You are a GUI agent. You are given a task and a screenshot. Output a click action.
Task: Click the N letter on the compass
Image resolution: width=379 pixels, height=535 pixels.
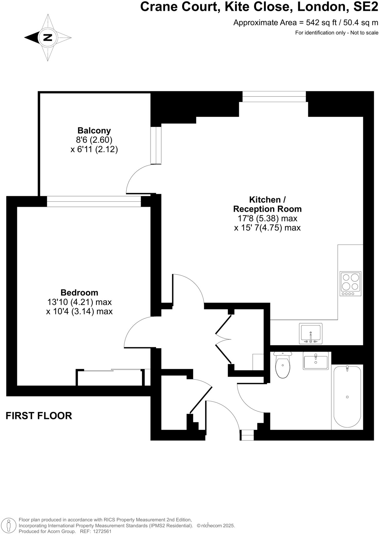[48, 37]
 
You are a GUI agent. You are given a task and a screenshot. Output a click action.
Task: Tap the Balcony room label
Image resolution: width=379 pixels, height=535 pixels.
[94, 130]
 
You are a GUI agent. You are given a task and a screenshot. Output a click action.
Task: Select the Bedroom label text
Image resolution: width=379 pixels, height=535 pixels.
[79, 292]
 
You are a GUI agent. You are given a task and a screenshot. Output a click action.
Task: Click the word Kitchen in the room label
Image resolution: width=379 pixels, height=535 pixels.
[264, 200]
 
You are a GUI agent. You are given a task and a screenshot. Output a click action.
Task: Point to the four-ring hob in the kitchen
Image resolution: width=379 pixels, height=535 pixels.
[350, 283]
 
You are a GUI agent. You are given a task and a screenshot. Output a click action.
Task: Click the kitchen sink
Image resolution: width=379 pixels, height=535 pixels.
[311, 333]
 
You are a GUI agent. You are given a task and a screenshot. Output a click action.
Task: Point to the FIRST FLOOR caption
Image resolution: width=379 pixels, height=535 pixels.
[39, 416]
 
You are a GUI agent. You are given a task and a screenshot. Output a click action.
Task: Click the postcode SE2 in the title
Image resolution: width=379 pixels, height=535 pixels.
[366, 7]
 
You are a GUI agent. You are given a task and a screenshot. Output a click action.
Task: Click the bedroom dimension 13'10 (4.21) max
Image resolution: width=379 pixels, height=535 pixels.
[79, 302]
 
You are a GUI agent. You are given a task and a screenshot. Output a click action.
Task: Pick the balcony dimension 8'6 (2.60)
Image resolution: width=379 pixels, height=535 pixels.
[94, 140]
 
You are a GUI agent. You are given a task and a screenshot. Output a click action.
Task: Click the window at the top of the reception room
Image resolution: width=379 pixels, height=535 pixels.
[274, 96]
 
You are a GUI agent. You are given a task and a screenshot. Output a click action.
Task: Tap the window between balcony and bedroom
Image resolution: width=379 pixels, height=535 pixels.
[94, 201]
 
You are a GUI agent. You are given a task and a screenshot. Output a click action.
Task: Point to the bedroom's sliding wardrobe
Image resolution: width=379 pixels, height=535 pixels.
[110, 377]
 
